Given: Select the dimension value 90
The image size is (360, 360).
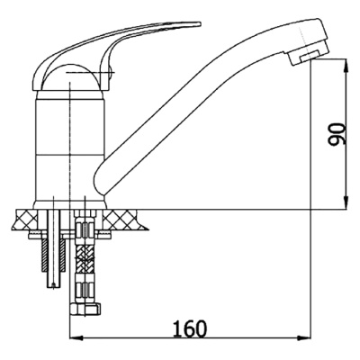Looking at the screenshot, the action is point(337,134).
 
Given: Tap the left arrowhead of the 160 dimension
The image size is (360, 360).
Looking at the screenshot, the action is point(76,337).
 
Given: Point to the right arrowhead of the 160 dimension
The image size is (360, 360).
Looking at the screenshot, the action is point(304,337).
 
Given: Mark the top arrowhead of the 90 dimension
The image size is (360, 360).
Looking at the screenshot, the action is point(346,66).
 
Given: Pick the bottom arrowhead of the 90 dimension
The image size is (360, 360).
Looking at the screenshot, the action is point(346,202).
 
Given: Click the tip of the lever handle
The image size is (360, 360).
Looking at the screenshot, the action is point(199,23).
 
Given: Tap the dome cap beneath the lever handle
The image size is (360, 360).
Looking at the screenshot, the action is point(71,77).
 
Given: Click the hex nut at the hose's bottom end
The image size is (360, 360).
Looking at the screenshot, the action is point(85,309).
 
